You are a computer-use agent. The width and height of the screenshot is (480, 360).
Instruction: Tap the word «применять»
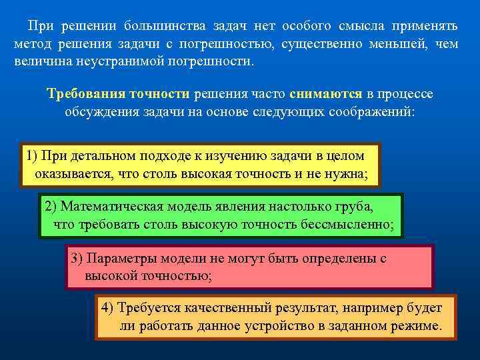(x=424, y=26)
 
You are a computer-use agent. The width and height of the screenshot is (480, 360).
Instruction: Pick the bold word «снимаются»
(x=326, y=93)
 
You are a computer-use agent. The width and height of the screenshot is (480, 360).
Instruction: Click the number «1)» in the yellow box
(x=31, y=156)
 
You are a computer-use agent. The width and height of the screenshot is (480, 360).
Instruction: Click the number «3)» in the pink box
(x=77, y=258)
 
